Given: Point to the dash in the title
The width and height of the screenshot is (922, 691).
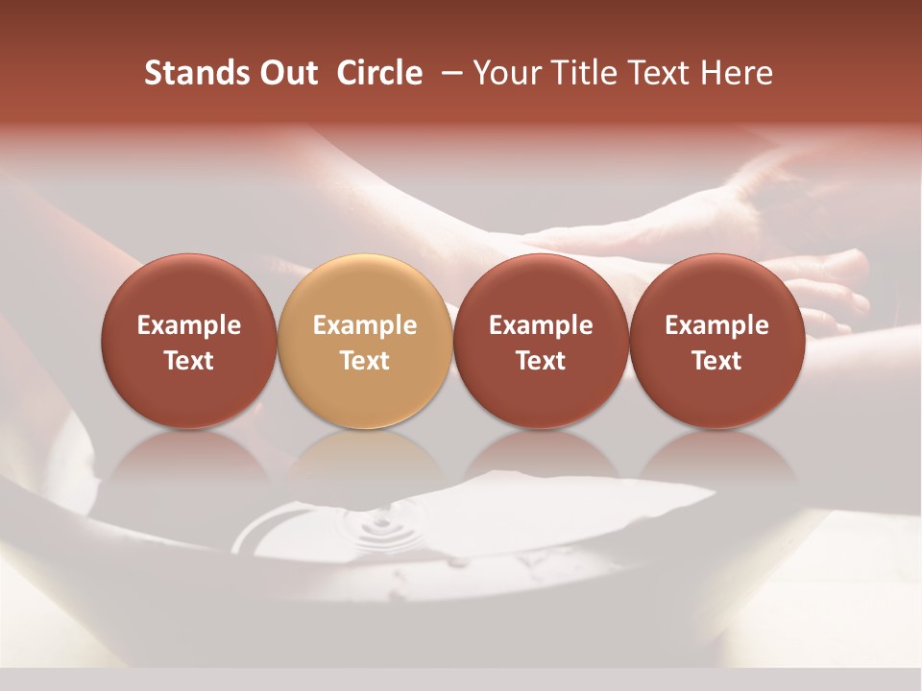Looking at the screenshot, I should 449,73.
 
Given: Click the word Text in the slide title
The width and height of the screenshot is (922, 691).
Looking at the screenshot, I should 659,73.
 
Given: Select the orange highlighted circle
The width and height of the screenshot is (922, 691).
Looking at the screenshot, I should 364,341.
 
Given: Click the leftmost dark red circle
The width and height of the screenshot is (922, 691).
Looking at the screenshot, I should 188,341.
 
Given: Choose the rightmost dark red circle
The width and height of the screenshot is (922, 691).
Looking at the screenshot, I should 716,341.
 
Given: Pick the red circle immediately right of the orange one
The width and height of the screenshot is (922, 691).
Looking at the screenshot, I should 541,341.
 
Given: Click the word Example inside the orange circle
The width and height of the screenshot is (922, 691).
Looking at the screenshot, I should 365,325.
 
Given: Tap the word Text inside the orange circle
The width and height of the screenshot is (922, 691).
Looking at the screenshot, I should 365,361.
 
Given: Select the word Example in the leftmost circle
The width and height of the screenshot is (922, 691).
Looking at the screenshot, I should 189,325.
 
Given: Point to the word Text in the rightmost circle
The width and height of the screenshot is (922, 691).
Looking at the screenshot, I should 717,361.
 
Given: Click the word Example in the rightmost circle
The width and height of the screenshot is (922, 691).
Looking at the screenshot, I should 717,325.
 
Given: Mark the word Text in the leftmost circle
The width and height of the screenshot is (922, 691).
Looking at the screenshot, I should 189,361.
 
